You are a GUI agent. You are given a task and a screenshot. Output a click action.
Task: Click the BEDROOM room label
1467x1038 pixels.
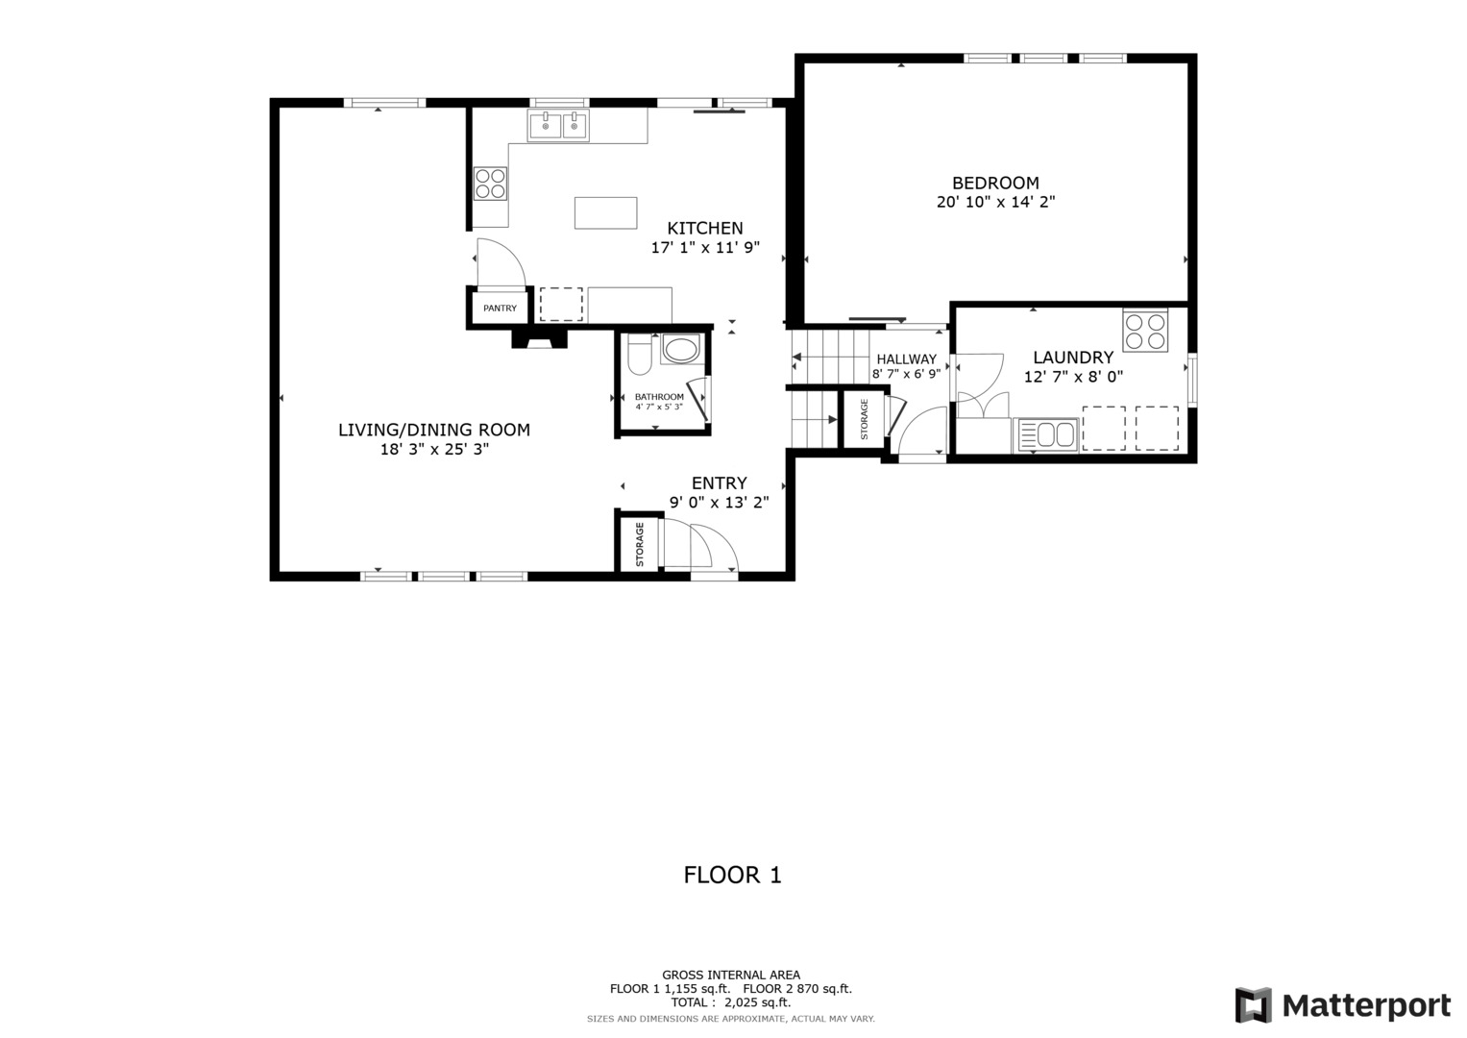[995, 183]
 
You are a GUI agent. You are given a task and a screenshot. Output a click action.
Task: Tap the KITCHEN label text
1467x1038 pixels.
[705, 228]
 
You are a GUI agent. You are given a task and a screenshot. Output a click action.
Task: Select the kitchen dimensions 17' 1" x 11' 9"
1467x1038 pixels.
[705, 248]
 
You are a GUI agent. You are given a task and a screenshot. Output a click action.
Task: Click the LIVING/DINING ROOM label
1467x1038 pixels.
[434, 430]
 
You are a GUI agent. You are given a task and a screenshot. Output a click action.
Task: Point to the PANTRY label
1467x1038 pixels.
[500, 309]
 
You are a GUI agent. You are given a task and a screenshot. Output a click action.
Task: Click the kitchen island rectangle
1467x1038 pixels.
[605, 212]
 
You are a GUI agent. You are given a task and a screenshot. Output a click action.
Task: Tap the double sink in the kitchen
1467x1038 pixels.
[558, 126]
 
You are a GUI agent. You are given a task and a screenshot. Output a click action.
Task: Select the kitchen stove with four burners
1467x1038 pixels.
[490, 183]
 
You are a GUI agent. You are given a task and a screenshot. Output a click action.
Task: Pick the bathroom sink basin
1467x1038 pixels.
[681, 350]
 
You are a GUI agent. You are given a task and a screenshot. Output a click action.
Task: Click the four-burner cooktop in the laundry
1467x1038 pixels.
[1145, 331]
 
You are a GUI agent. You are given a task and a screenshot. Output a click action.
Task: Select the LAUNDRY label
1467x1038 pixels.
[1073, 358]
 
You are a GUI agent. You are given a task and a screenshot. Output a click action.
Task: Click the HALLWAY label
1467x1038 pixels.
[906, 359]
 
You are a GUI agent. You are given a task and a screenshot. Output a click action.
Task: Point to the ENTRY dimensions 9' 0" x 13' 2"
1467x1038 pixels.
[719, 502]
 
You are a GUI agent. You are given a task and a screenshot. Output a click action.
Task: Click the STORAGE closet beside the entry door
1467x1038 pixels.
[639, 544]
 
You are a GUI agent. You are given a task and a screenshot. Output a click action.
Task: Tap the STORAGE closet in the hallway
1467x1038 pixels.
[864, 419]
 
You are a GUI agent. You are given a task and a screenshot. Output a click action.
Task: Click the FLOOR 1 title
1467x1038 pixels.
[732, 875]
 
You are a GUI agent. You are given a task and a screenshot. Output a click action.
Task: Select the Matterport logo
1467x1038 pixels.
[1343, 1006]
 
